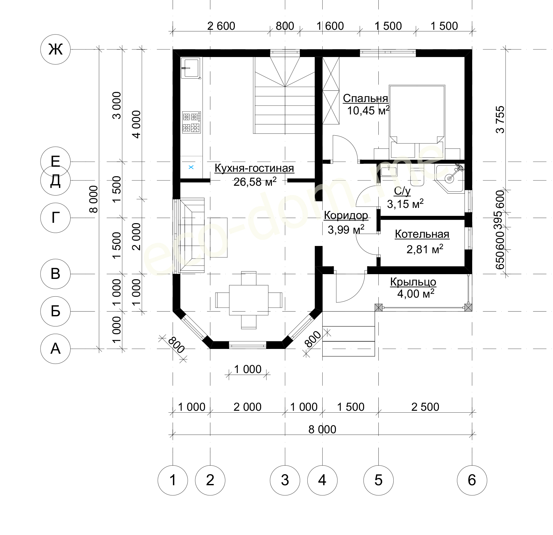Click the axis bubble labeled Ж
(55, 49)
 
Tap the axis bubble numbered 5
(378, 480)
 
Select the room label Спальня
(365, 99)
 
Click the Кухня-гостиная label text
(254, 168)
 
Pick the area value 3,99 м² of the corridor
(346, 229)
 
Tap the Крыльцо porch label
(413, 282)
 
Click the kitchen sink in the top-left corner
(190, 68)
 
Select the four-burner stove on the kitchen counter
(191, 122)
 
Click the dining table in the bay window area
(248, 300)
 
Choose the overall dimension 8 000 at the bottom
(322, 429)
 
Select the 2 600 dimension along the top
(221, 26)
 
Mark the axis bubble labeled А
(55, 349)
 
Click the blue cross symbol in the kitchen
(191, 167)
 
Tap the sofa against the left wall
(192, 235)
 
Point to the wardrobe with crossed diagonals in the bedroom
(331, 91)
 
